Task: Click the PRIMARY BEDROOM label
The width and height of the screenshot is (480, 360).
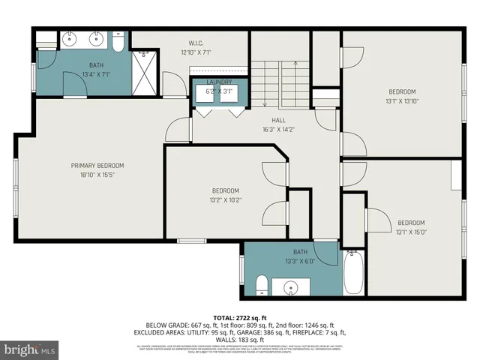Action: click(97, 165)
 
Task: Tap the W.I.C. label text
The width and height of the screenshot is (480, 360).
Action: click(196, 43)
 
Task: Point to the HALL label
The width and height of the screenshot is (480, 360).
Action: click(279, 120)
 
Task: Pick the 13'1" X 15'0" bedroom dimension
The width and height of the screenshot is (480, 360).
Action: click(411, 232)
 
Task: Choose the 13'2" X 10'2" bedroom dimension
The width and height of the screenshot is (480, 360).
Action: click(225, 200)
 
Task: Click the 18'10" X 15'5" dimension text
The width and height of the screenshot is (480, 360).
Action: click(97, 175)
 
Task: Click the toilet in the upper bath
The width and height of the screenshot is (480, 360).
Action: click(118, 41)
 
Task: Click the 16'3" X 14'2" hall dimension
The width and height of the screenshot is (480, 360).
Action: click(279, 129)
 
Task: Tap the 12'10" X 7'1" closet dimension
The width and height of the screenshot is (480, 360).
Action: click(196, 52)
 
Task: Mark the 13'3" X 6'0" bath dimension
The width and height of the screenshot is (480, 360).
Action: click(300, 261)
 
